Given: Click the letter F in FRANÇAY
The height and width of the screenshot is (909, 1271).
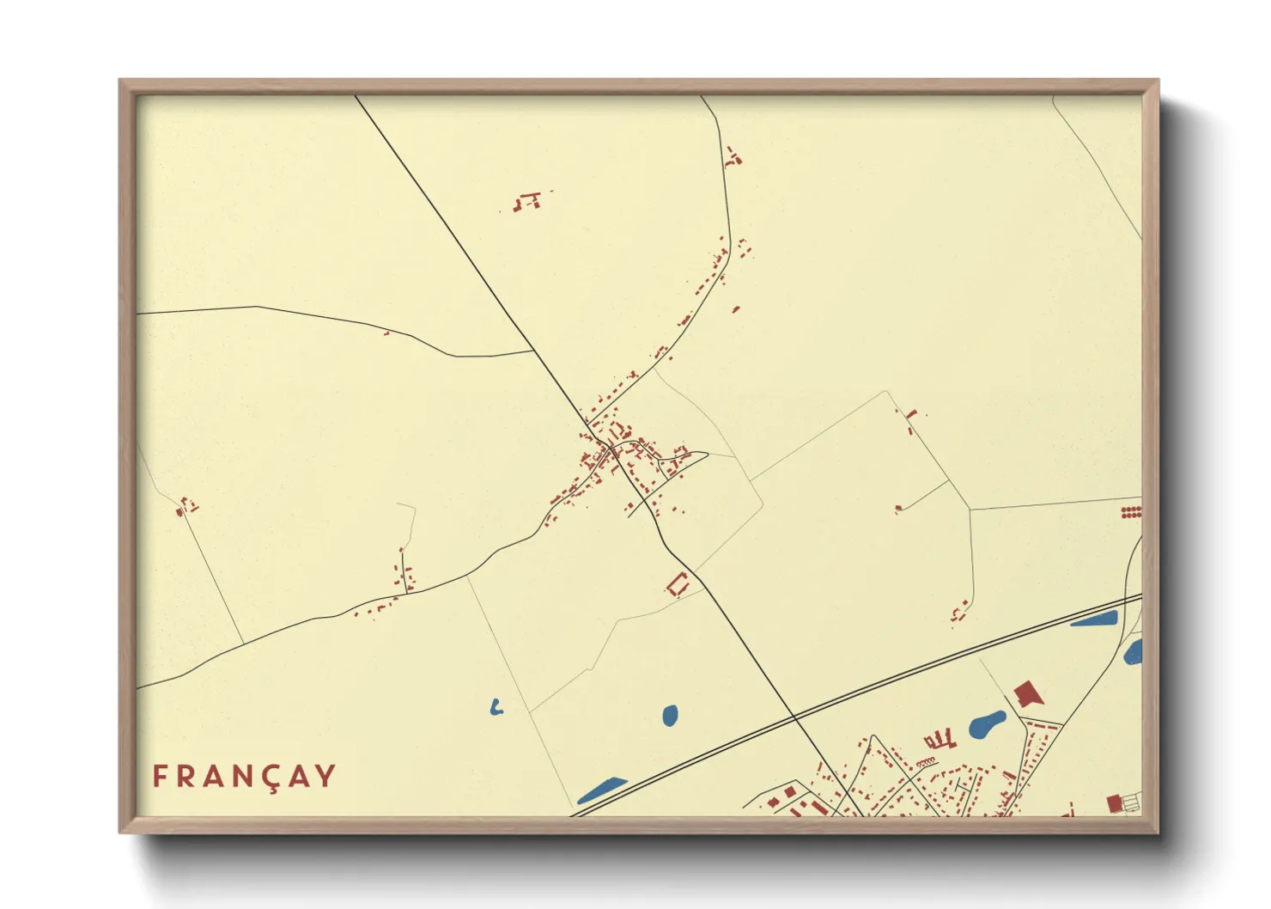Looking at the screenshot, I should click(x=159, y=776).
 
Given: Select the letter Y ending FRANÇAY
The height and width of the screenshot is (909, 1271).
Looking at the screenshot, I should click(x=325, y=776).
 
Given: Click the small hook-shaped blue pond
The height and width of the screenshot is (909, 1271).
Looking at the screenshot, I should click(x=496, y=708).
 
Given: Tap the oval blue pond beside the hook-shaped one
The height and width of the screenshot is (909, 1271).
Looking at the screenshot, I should click(x=670, y=715).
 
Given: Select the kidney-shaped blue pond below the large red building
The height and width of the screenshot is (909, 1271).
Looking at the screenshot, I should click(x=987, y=725).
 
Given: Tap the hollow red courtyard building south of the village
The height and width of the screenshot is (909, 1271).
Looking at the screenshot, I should click(x=678, y=584).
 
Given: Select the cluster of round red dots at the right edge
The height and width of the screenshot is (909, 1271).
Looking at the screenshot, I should click(x=1131, y=513).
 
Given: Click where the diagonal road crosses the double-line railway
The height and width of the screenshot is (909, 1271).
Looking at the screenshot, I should click(x=794, y=717).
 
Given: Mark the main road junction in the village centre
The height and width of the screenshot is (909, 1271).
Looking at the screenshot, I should click(x=609, y=447).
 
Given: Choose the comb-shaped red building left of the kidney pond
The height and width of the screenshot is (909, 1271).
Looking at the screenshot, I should click(x=940, y=740).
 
